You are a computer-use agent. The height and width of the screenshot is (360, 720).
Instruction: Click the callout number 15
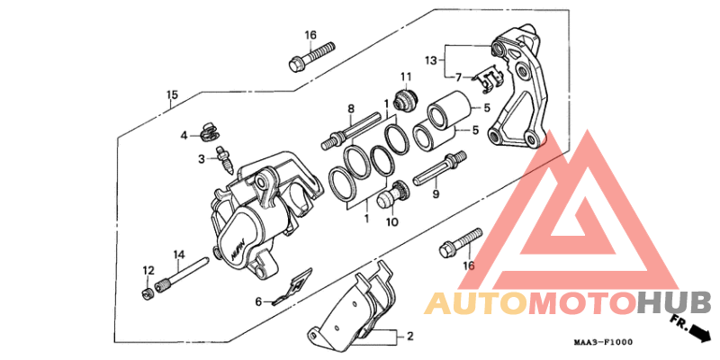point(172,95)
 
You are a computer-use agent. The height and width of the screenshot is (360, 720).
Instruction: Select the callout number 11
point(406,76)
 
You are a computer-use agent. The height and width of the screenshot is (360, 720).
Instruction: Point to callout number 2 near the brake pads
point(409,337)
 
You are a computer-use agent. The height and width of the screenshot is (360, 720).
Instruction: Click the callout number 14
point(178,255)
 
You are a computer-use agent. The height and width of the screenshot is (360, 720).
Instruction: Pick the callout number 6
point(257,301)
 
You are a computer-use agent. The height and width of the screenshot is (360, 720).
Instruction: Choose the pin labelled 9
point(441,170)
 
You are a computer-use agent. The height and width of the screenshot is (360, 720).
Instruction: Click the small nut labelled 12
point(146,292)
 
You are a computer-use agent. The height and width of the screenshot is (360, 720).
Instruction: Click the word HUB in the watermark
point(674,303)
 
